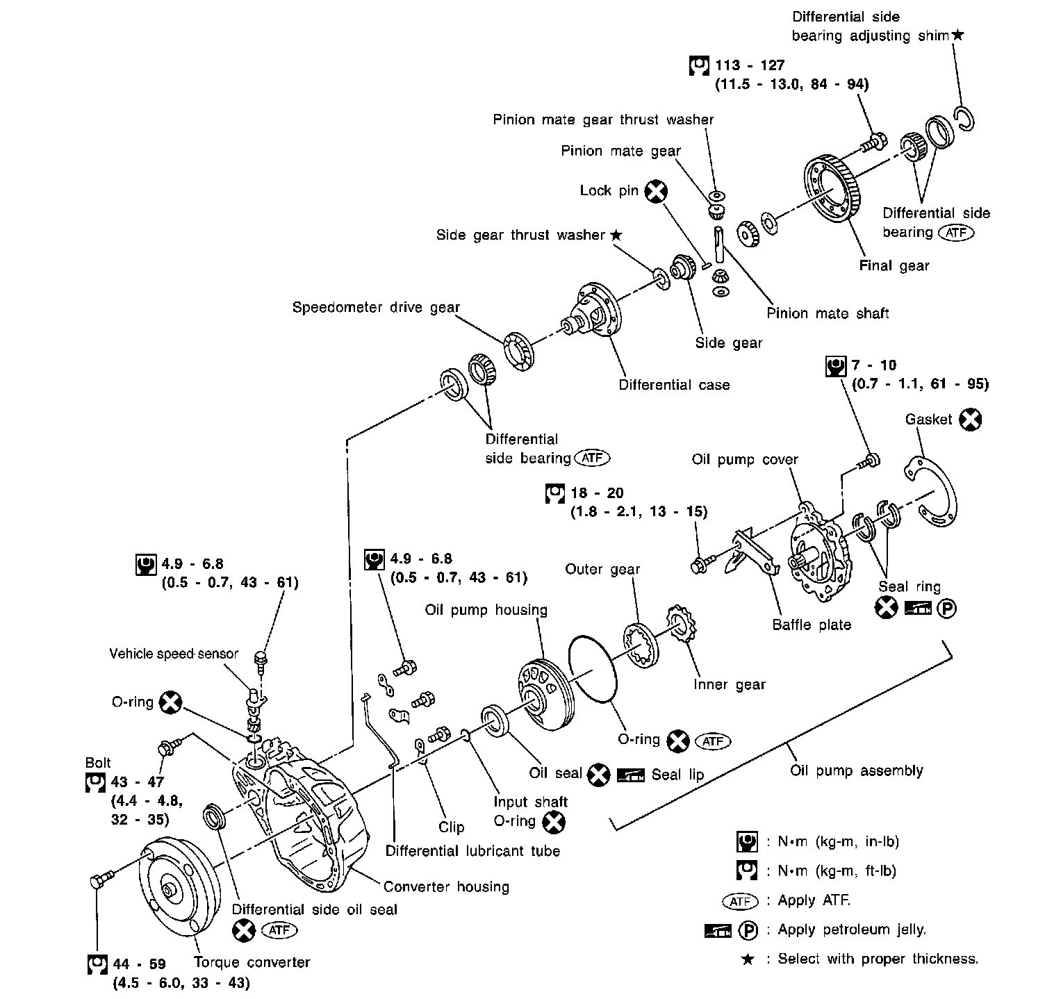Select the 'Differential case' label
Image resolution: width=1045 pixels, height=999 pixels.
[674, 385]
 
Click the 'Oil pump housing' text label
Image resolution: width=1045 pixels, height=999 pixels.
[486, 610]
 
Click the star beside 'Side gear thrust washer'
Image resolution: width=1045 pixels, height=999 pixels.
[616, 235]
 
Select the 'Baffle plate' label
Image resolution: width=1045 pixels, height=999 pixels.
[812, 625]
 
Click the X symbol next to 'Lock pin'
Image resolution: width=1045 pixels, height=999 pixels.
[655, 191]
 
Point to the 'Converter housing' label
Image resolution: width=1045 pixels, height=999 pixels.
[446, 886]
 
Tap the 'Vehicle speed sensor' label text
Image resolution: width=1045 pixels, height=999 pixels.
[174, 654]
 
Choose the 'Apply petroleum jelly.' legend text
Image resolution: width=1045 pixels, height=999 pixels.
[852, 930]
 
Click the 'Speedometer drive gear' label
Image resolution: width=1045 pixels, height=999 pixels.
[376, 307]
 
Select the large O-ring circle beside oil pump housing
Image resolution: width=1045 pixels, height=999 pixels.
[593, 668]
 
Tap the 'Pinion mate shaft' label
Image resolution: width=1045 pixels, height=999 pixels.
[828, 313]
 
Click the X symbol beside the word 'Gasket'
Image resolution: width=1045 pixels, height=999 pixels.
[971, 420]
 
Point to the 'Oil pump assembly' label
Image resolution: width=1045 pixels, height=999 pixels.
[857, 770]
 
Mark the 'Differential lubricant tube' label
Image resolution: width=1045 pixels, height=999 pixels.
[472, 851]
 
